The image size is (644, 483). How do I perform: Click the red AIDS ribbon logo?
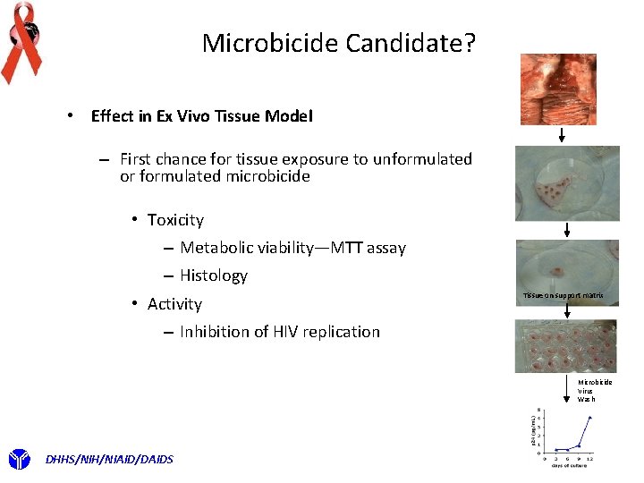pyautogui.click(x=21, y=41)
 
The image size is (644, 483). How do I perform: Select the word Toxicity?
pyautogui.click(x=175, y=220)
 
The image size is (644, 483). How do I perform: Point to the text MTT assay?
pyautogui.click(x=368, y=248)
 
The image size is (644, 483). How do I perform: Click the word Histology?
pyautogui.click(x=213, y=275)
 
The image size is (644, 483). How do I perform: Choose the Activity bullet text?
pyautogui.click(x=174, y=304)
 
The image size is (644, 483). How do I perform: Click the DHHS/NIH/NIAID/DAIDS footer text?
pyautogui.click(x=109, y=460)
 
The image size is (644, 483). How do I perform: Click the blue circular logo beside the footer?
pyautogui.click(x=19, y=460)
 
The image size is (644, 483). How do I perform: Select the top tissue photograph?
pyautogui.click(x=558, y=89)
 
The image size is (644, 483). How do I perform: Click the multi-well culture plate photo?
pyautogui.click(x=565, y=346)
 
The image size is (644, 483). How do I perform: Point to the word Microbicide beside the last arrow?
pyautogui.click(x=595, y=382)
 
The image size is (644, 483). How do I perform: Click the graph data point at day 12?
pyautogui.click(x=590, y=417)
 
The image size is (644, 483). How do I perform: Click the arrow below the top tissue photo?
pyautogui.click(x=562, y=135)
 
